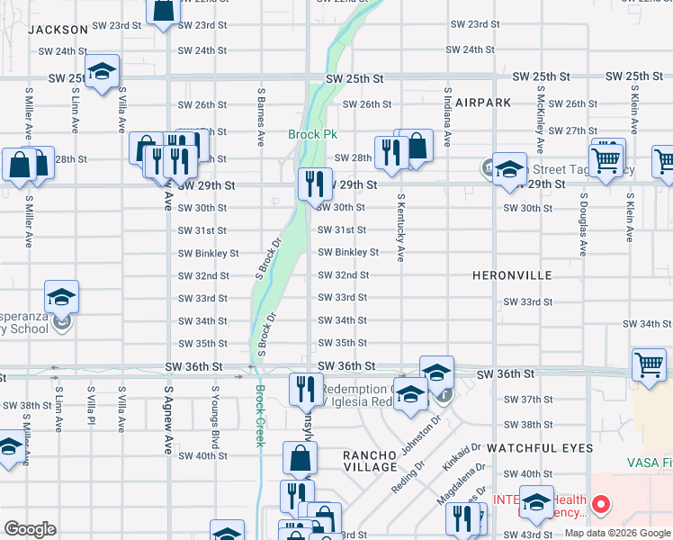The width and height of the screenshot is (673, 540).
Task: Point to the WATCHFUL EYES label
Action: tap(540, 447)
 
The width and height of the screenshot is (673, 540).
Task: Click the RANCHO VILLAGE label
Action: tap(371, 462)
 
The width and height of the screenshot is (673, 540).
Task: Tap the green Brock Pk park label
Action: tap(312, 135)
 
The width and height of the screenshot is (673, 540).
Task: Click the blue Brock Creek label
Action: tap(259, 416)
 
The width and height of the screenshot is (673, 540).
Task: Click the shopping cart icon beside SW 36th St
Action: tap(648, 364)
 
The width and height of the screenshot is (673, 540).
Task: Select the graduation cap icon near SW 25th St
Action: tap(103, 71)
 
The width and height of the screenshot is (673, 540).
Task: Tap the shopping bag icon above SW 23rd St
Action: tap(164, 10)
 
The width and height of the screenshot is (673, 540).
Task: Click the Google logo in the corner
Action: tap(30, 529)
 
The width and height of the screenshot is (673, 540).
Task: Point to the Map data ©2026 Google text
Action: tap(617, 533)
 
